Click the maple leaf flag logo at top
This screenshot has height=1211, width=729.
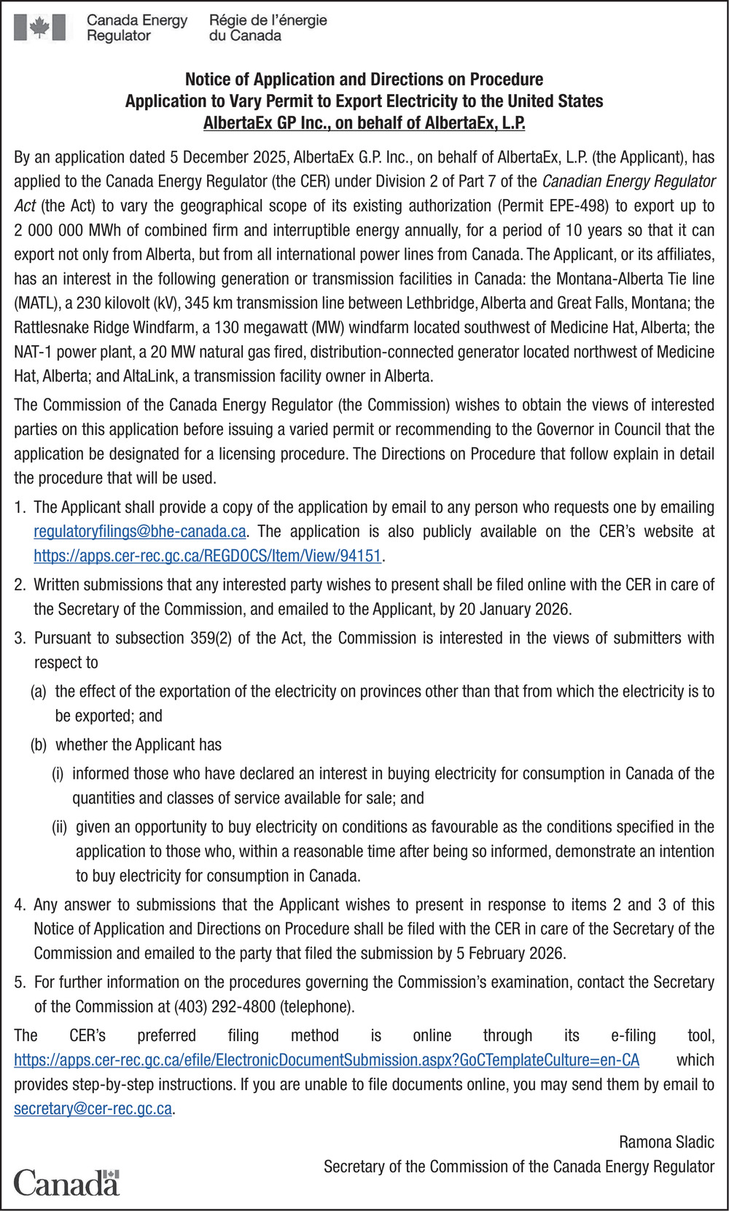click(x=39, y=28)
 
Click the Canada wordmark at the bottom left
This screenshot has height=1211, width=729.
click(x=66, y=1182)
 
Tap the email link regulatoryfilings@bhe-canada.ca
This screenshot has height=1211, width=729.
click(x=139, y=531)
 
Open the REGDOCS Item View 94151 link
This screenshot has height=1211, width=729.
click(x=208, y=556)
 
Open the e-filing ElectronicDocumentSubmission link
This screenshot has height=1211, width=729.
click(x=327, y=1060)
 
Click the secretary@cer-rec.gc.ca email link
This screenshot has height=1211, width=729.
click(x=93, y=1109)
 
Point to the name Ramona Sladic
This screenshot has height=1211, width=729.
click(x=666, y=1142)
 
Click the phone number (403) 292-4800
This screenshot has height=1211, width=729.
click(x=225, y=1007)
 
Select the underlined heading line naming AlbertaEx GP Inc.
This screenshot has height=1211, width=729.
click(x=364, y=122)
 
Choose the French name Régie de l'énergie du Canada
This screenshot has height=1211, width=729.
click(x=268, y=28)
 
